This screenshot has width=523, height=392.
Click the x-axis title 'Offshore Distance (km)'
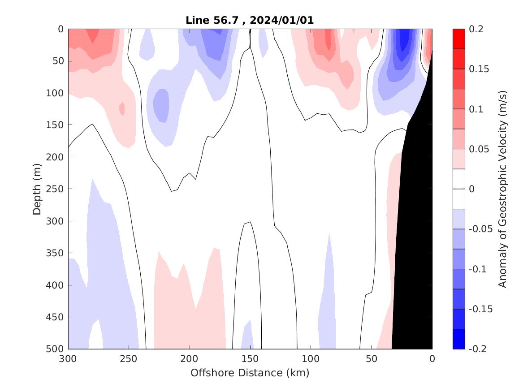tap(250, 373)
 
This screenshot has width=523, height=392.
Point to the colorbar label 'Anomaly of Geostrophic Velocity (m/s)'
tap(502, 189)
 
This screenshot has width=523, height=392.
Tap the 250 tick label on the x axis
tap(129, 358)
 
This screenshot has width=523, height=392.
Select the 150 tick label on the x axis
tap(250, 358)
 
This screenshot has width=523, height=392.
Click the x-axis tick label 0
tap(432, 358)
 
